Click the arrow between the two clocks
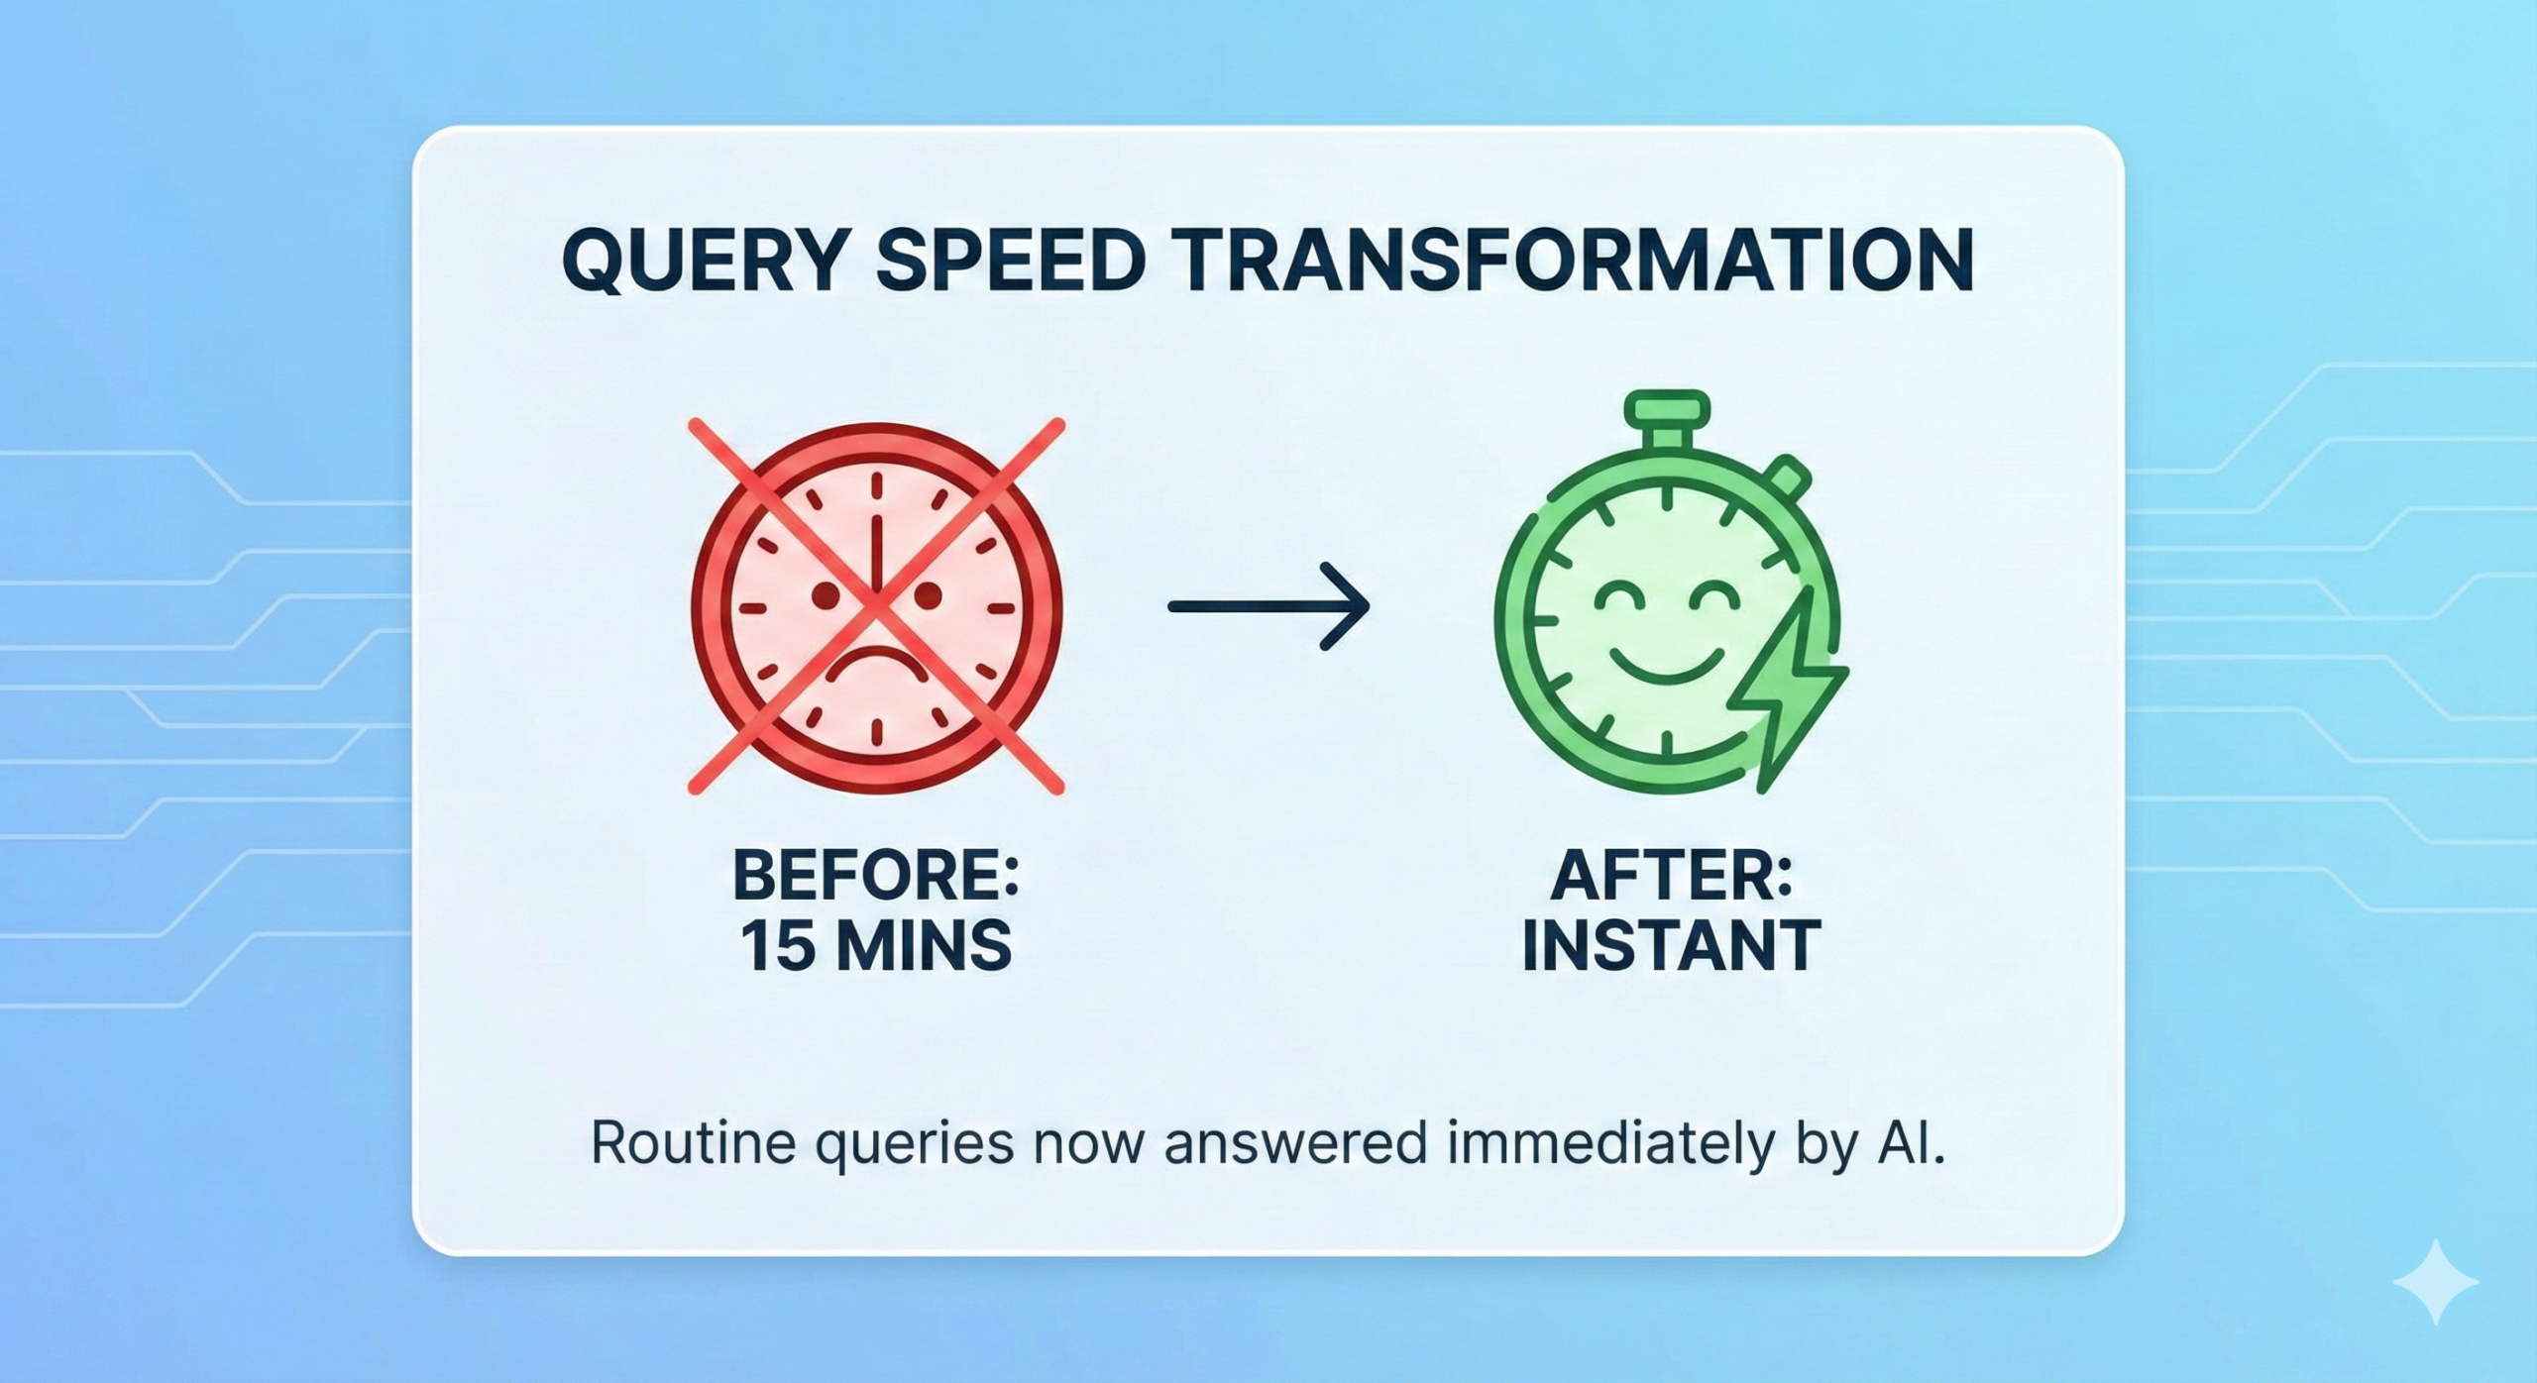tap(1268, 606)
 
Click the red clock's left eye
tap(826, 594)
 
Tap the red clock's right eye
tap(928, 595)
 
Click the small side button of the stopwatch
tap(1788, 477)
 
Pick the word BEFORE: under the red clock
tap(876, 875)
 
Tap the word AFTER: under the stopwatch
tap(1672, 875)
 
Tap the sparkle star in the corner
tap(2435, 1281)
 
